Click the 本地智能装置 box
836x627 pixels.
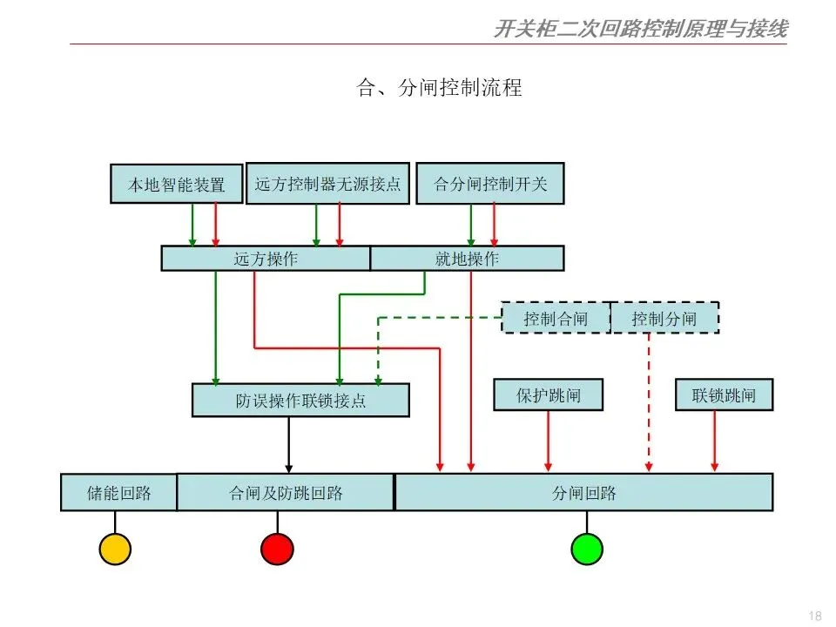177,184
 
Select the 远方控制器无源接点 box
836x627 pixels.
327,184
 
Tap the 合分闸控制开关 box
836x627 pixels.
490,184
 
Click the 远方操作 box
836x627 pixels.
266,259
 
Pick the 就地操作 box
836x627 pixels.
467,259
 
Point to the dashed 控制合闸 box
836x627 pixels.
556,318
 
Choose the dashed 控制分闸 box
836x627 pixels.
664,318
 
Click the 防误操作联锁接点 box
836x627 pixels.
300,401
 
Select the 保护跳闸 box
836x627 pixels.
549,395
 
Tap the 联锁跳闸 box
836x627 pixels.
724,395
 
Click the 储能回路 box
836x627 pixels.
118,492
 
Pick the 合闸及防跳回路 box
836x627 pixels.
286,492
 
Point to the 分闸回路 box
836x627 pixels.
583,492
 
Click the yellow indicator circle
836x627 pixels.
115,549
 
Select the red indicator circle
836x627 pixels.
277,549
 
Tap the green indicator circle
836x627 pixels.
587,549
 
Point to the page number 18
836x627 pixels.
815,616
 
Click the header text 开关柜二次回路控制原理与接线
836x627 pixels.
640,30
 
